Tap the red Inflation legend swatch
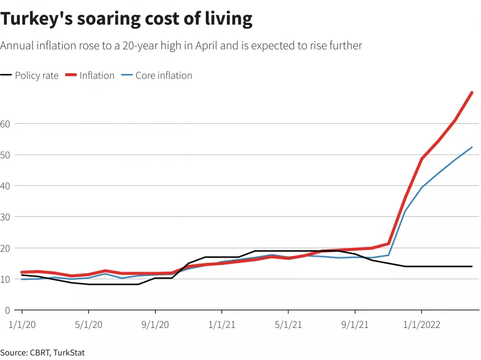pyautogui.click(x=71, y=75)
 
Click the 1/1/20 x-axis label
pyautogui.click(x=21, y=325)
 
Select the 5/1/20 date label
pyautogui.click(x=88, y=325)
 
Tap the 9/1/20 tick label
pyautogui.click(x=155, y=325)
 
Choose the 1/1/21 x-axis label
pyautogui.click(x=221, y=325)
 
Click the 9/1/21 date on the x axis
pyautogui.click(x=355, y=325)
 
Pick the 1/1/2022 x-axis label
pyautogui.click(x=422, y=325)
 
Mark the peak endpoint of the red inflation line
pyautogui.click(x=472, y=92)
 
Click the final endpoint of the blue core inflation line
pyautogui.click(x=472, y=147)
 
